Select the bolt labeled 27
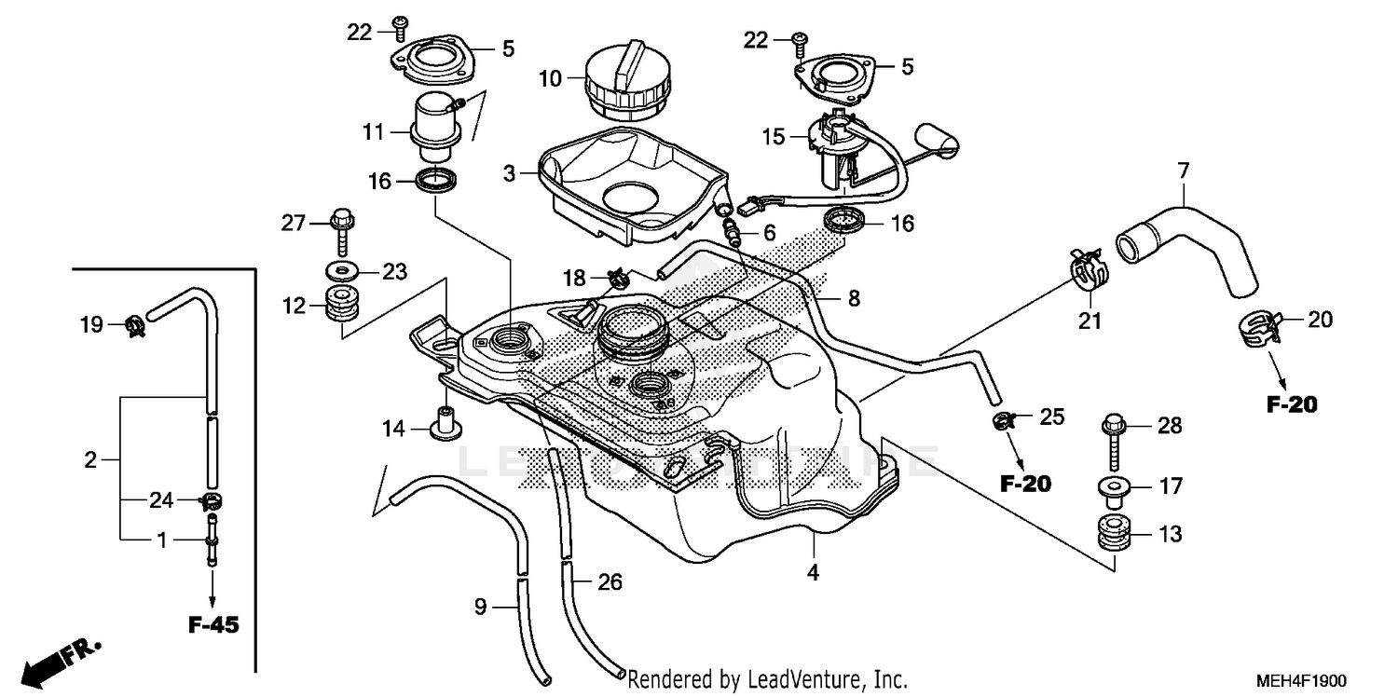point(340,226)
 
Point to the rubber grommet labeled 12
point(342,306)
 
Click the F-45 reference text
point(213,625)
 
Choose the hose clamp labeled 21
point(1088,268)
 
